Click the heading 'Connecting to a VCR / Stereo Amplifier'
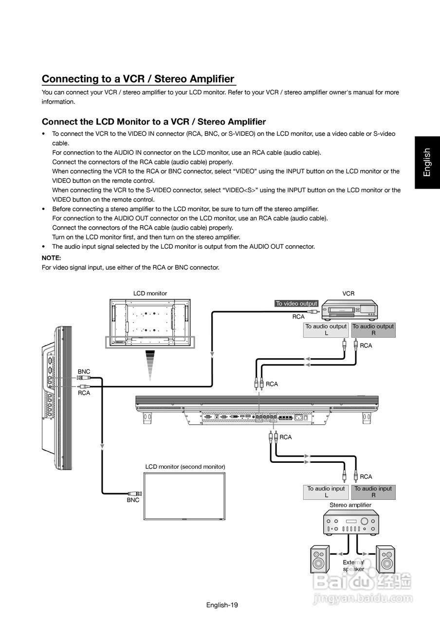(x=138, y=79)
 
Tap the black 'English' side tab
(x=427, y=163)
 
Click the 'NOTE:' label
(x=51, y=258)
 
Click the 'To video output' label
(x=296, y=303)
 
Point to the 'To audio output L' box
(x=326, y=330)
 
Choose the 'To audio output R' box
(x=373, y=330)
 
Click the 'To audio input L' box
(x=326, y=492)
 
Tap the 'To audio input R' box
(x=373, y=492)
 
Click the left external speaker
(x=319, y=560)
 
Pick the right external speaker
(x=385, y=560)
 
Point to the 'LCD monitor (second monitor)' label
(x=185, y=466)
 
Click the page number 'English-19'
(x=221, y=605)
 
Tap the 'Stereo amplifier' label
(x=350, y=505)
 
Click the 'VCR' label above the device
(x=348, y=293)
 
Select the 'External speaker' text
(x=353, y=566)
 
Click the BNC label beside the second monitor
(x=133, y=500)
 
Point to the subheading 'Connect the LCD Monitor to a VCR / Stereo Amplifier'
(x=154, y=121)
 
